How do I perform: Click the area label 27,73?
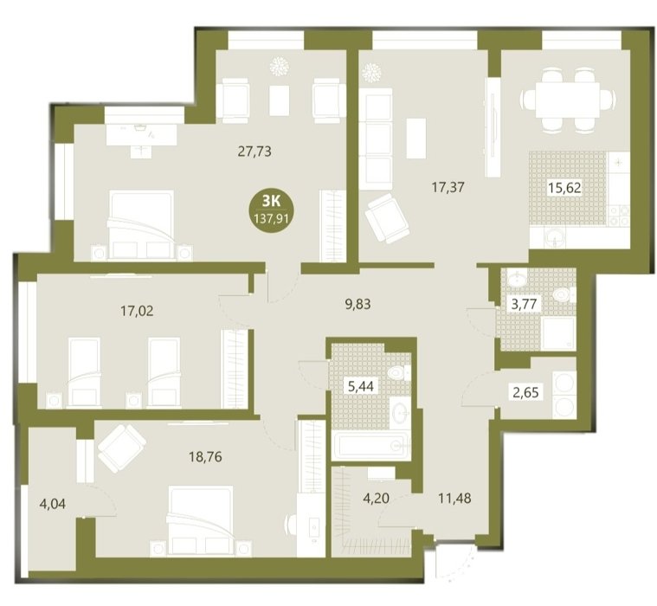pos(254,151)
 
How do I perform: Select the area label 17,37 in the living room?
pos(448,187)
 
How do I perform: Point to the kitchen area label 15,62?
pos(565,188)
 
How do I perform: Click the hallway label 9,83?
pos(357,303)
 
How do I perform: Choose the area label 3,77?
pos(525,303)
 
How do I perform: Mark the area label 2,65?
pos(525,393)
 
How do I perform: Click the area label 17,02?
pos(137,311)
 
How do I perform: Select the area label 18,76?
pos(205,456)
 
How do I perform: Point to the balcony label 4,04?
pos(53,504)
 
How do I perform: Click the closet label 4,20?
pos(376,499)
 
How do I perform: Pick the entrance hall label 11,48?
pos(454,498)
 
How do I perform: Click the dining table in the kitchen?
pos(568,100)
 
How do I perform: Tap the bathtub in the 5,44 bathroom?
pos(370,446)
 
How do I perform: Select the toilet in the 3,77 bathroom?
pos(564,294)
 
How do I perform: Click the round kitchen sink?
pos(555,240)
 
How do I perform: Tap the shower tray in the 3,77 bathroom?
pos(558,333)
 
